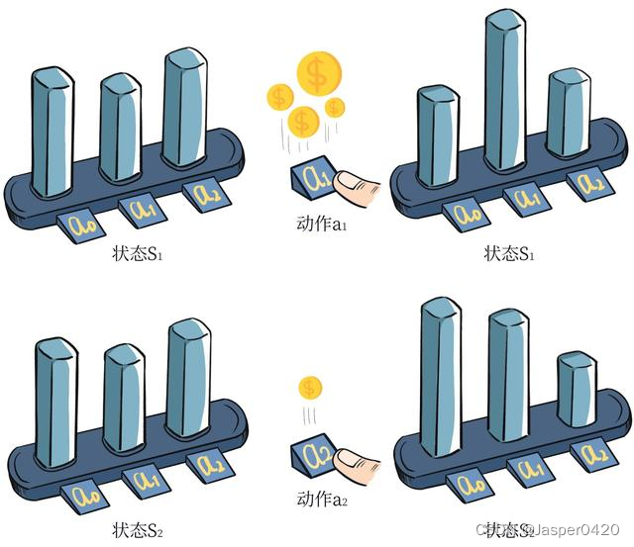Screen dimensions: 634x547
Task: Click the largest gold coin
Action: [x=318, y=71]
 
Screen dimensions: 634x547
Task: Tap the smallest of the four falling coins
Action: [x=336, y=106]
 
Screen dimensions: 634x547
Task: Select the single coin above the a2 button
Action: [x=311, y=387]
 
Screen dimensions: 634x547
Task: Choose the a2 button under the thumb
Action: [x=315, y=456]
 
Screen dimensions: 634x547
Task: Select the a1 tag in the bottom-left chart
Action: [x=145, y=483]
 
